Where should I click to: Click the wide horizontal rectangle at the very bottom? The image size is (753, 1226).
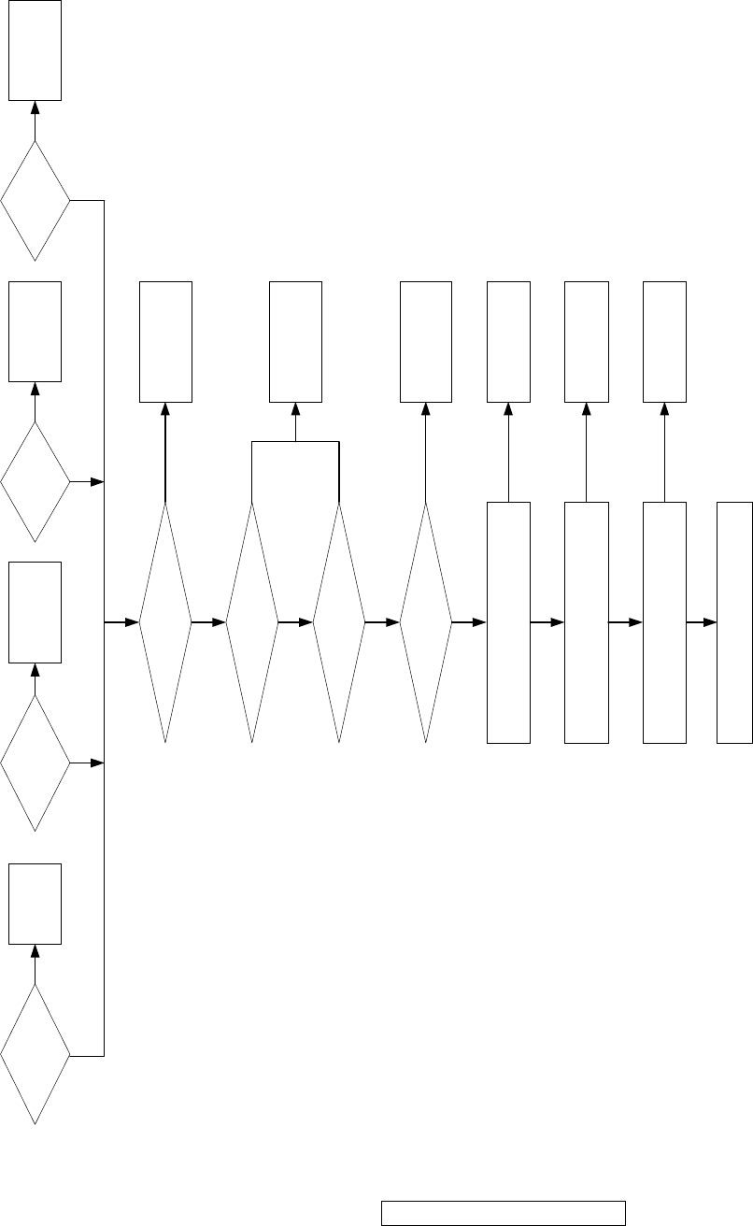tap(503, 1212)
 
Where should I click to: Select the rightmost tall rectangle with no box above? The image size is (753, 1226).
tap(734, 622)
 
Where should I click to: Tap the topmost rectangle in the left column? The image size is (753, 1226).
tap(36, 50)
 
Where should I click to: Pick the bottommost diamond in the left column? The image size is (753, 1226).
tap(36, 1056)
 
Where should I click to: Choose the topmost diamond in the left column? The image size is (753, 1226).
tap(36, 200)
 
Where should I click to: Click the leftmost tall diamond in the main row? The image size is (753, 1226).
tap(165, 622)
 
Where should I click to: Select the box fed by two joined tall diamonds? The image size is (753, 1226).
tap(295, 342)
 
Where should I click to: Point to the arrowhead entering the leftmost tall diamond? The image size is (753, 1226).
tap(133, 622)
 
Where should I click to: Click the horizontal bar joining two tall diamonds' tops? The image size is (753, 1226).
tap(295, 441)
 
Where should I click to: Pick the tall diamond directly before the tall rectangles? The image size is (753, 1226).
tap(426, 622)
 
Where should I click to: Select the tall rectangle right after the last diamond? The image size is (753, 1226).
tap(508, 622)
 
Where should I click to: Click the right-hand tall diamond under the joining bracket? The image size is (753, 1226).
tap(338, 622)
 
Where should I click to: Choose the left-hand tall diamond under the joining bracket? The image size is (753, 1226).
tap(252, 622)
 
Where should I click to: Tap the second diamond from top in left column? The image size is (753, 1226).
tap(36, 481)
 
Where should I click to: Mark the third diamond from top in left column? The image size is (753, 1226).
tap(36, 763)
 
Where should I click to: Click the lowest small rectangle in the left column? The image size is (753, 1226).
tap(36, 904)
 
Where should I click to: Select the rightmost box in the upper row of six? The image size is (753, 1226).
tap(664, 342)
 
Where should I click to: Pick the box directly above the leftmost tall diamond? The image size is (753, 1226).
tap(165, 342)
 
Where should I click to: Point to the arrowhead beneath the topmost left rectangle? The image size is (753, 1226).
tap(36, 107)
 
